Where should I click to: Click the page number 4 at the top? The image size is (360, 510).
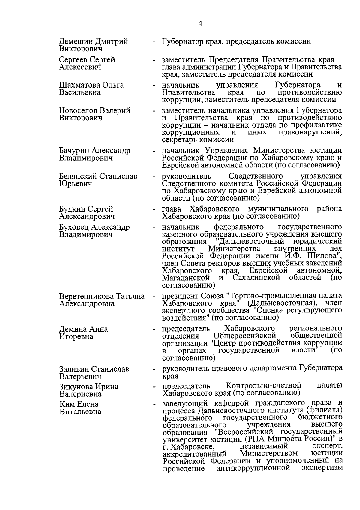(x=200, y=23)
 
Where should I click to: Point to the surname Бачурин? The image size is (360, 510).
(x=74, y=151)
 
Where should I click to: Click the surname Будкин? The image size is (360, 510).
(x=72, y=209)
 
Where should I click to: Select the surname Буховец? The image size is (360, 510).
(x=74, y=227)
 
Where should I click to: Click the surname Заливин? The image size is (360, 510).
(x=74, y=369)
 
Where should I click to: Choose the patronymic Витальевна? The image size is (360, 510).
(x=80, y=412)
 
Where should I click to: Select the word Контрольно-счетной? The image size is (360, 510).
(x=263, y=385)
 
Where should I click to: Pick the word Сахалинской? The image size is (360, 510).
(x=256, y=278)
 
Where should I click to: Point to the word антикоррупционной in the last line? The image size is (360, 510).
(x=253, y=468)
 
